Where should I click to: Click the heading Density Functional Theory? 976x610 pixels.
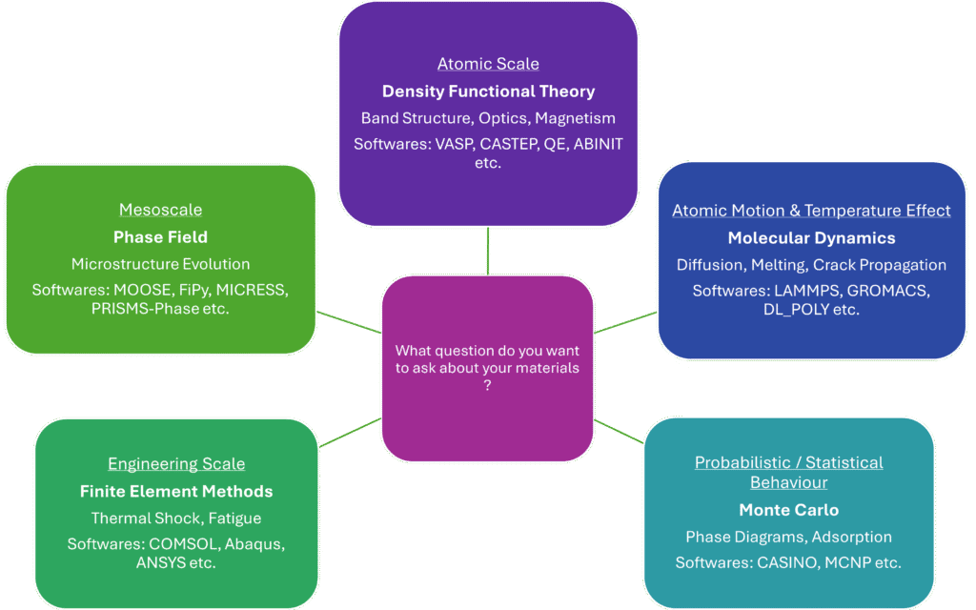point(488,91)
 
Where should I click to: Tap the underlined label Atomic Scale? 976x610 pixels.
point(488,64)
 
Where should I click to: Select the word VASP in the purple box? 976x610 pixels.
point(453,144)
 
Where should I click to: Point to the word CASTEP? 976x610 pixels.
point(509,144)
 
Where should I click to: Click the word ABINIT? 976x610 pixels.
point(599,144)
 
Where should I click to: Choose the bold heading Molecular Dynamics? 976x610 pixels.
point(812,237)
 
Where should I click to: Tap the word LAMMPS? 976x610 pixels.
point(806,291)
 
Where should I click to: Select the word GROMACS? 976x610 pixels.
point(888,291)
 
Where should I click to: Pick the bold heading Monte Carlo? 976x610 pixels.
point(788,510)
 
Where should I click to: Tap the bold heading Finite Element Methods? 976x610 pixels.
point(176,491)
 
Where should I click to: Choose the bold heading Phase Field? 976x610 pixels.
point(160,237)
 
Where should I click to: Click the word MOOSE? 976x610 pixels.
point(142,290)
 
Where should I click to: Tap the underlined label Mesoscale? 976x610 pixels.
point(160,210)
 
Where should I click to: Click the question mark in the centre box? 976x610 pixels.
point(487,385)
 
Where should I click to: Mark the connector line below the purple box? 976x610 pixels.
point(488,251)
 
